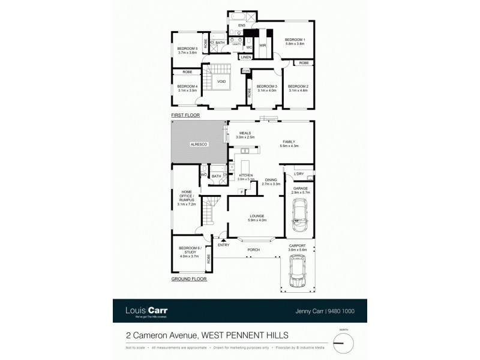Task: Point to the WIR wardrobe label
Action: coord(262,45)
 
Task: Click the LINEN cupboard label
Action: coord(245,58)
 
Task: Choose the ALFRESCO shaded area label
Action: coord(199,145)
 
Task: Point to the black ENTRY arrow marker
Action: coord(223,239)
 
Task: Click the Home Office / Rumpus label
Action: coord(182,197)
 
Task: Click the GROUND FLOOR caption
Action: coord(189,279)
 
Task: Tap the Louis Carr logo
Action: coord(146,311)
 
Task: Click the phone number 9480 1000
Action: coord(341,311)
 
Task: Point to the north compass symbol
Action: coord(343,342)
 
